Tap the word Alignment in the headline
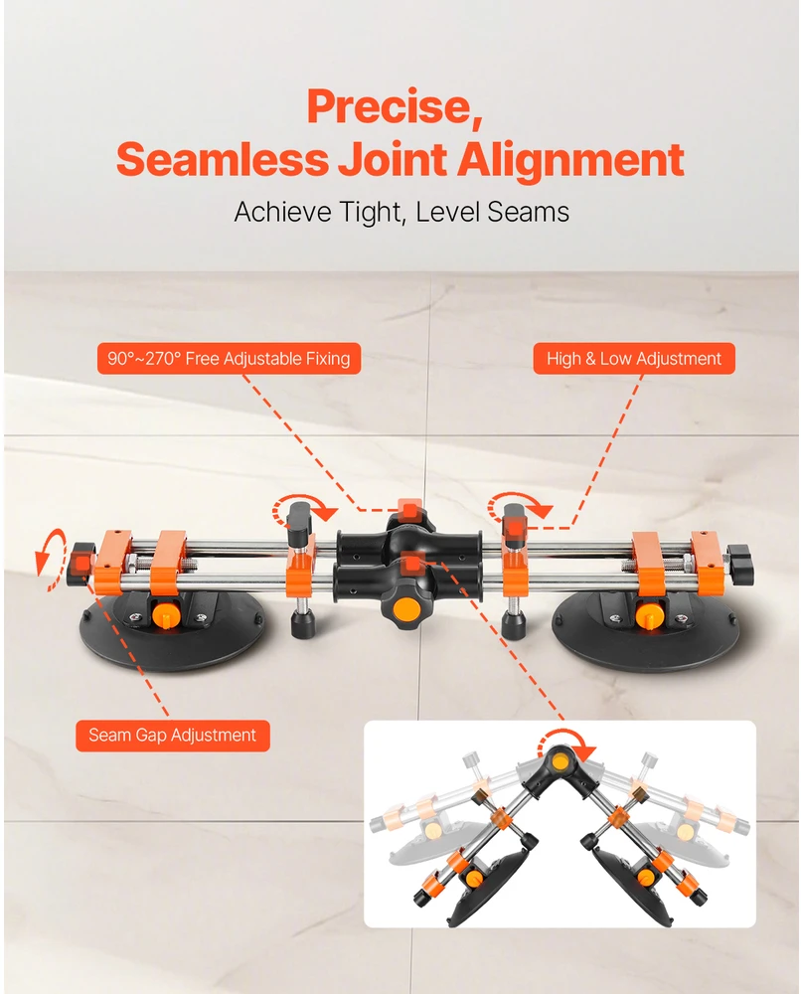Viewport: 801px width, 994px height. [x=570, y=159]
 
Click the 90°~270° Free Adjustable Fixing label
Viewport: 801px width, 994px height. [x=229, y=359]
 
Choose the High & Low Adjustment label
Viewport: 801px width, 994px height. [x=634, y=359]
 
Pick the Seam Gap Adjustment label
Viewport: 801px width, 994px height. [x=172, y=736]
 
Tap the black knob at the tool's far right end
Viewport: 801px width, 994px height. [x=739, y=561]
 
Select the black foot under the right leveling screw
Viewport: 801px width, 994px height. [x=513, y=625]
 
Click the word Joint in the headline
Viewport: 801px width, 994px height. [x=393, y=159]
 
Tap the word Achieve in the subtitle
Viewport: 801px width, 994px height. [x=282, y=212]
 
